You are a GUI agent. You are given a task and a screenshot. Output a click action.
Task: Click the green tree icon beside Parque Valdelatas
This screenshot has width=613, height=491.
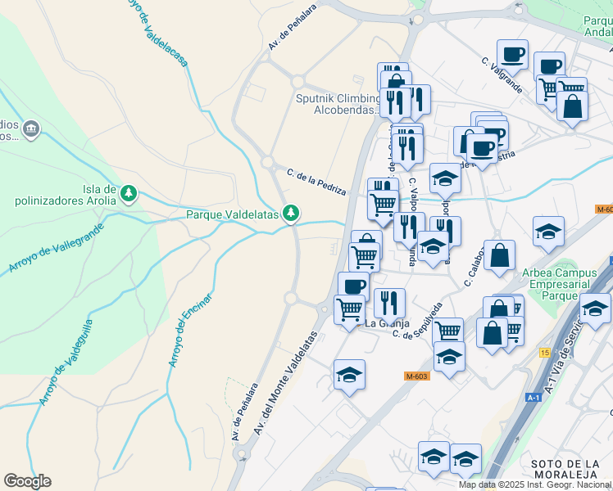290,214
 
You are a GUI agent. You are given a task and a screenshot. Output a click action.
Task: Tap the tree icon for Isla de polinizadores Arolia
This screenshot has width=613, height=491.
128,194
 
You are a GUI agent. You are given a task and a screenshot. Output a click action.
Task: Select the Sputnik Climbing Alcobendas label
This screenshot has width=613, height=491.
337,105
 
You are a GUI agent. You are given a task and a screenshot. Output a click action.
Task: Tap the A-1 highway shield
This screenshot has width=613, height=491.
534,397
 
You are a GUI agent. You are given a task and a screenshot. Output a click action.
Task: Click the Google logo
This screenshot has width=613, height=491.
27,480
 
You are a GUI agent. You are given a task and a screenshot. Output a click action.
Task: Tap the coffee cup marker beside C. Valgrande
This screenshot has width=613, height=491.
512,55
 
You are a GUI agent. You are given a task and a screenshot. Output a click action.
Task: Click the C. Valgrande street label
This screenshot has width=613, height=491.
502,75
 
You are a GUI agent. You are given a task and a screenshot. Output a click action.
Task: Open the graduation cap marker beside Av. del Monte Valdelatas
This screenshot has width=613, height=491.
350,376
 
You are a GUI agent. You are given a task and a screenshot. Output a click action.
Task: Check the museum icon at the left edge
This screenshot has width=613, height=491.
32,128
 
